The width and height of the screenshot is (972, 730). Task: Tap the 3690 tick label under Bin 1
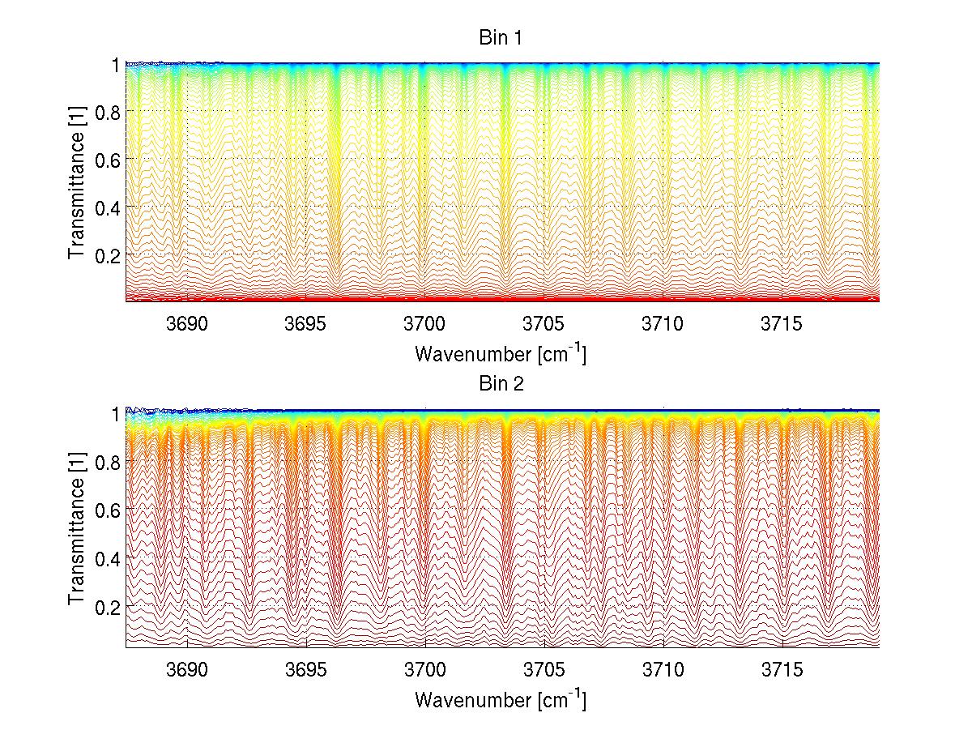pyautogui.click(x=186, y=323)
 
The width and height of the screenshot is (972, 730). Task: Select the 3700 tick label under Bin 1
pyautogui.click(x=425, y=323)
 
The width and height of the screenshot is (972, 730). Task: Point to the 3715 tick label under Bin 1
pyautogui.click(x=782, y=323)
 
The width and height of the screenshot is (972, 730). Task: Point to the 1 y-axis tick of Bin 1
pyautogui.click(x=116, y=64)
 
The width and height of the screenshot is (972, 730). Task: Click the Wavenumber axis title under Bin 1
pyautogui.click(x=500, y=353)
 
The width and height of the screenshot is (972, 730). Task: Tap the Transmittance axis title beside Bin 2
pyautogui.click(x=76, y=529)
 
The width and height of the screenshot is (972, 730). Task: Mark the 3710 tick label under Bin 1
pyautogui.click(x=663, y=323)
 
